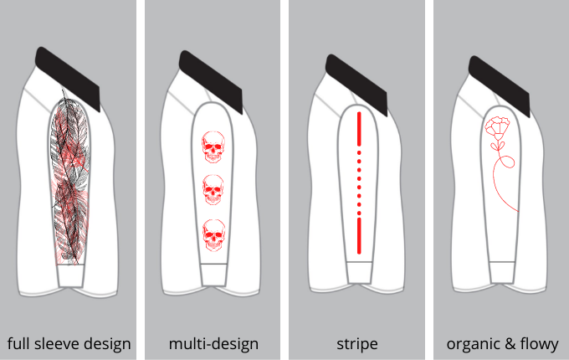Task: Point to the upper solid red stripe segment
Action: pos(358,129)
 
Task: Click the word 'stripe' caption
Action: pos(356,343)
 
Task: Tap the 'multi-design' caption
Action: pos(213,343)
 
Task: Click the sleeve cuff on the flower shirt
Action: pos(502,273)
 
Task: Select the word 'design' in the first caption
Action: pos(107,343)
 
